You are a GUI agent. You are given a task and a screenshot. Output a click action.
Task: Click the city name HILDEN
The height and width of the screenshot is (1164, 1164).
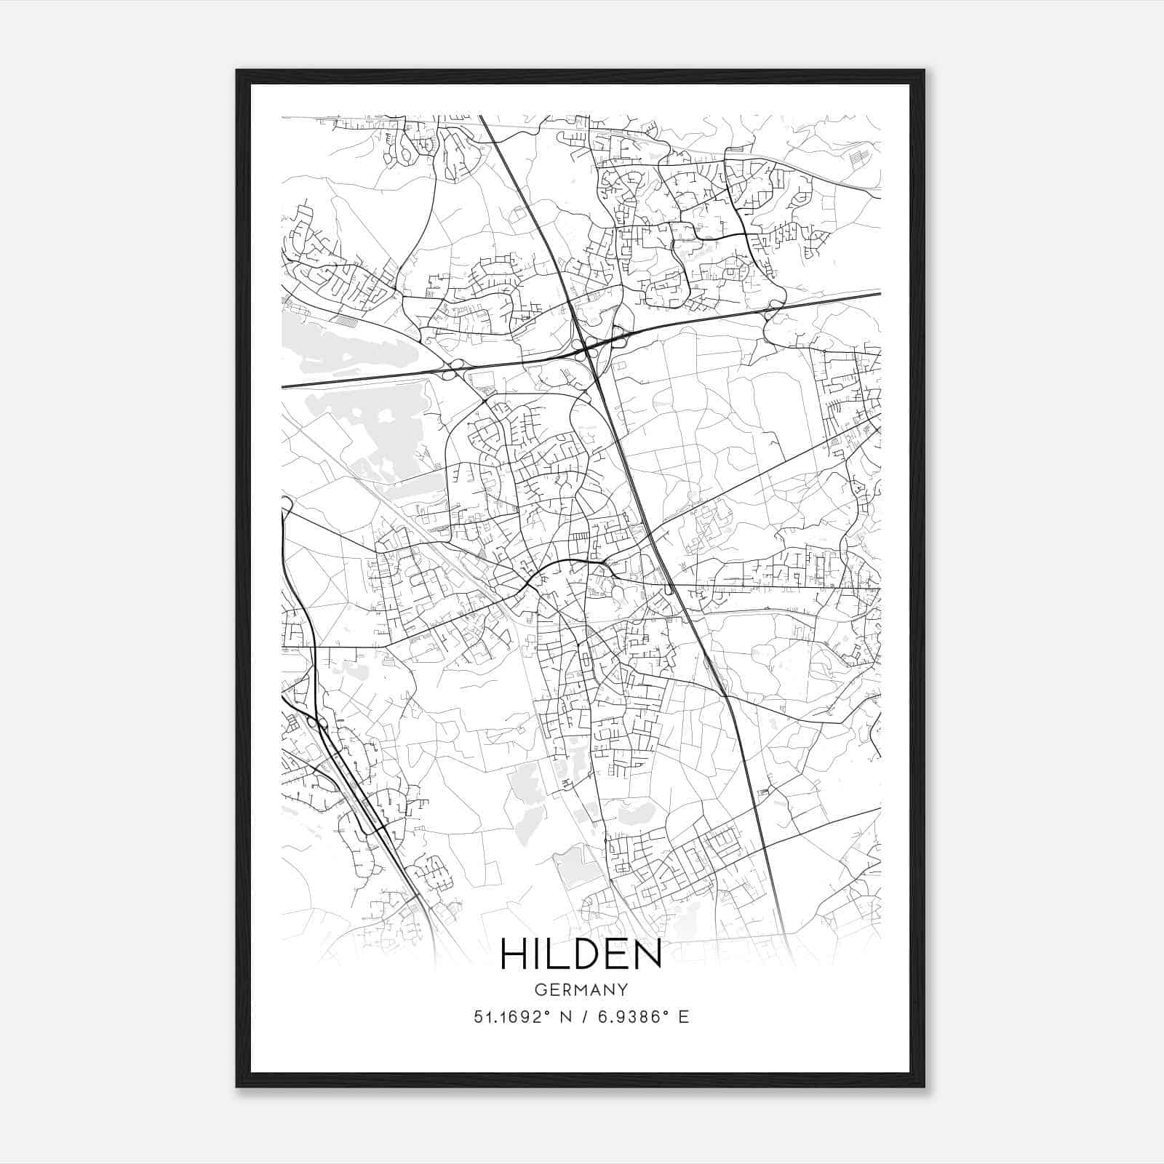(x=581, y=954)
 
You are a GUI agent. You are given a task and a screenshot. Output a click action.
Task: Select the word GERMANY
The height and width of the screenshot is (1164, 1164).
(x=581, y=989)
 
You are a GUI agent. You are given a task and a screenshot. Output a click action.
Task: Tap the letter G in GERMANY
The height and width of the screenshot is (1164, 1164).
(x=540, y=989)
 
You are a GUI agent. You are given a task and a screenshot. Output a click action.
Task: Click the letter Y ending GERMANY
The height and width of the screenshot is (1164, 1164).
(x=623, y=989)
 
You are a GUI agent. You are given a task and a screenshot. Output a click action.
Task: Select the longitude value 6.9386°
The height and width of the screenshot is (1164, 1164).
(x=631, y=1017)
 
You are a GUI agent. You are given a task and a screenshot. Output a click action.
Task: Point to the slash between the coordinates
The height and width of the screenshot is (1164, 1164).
(x=584, y=1017)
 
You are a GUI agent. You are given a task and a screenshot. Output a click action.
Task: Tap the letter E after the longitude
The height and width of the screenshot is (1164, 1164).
(x=683, y=1017)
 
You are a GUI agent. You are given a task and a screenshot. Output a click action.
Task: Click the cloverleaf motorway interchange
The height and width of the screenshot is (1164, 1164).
(x=587, y=351)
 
